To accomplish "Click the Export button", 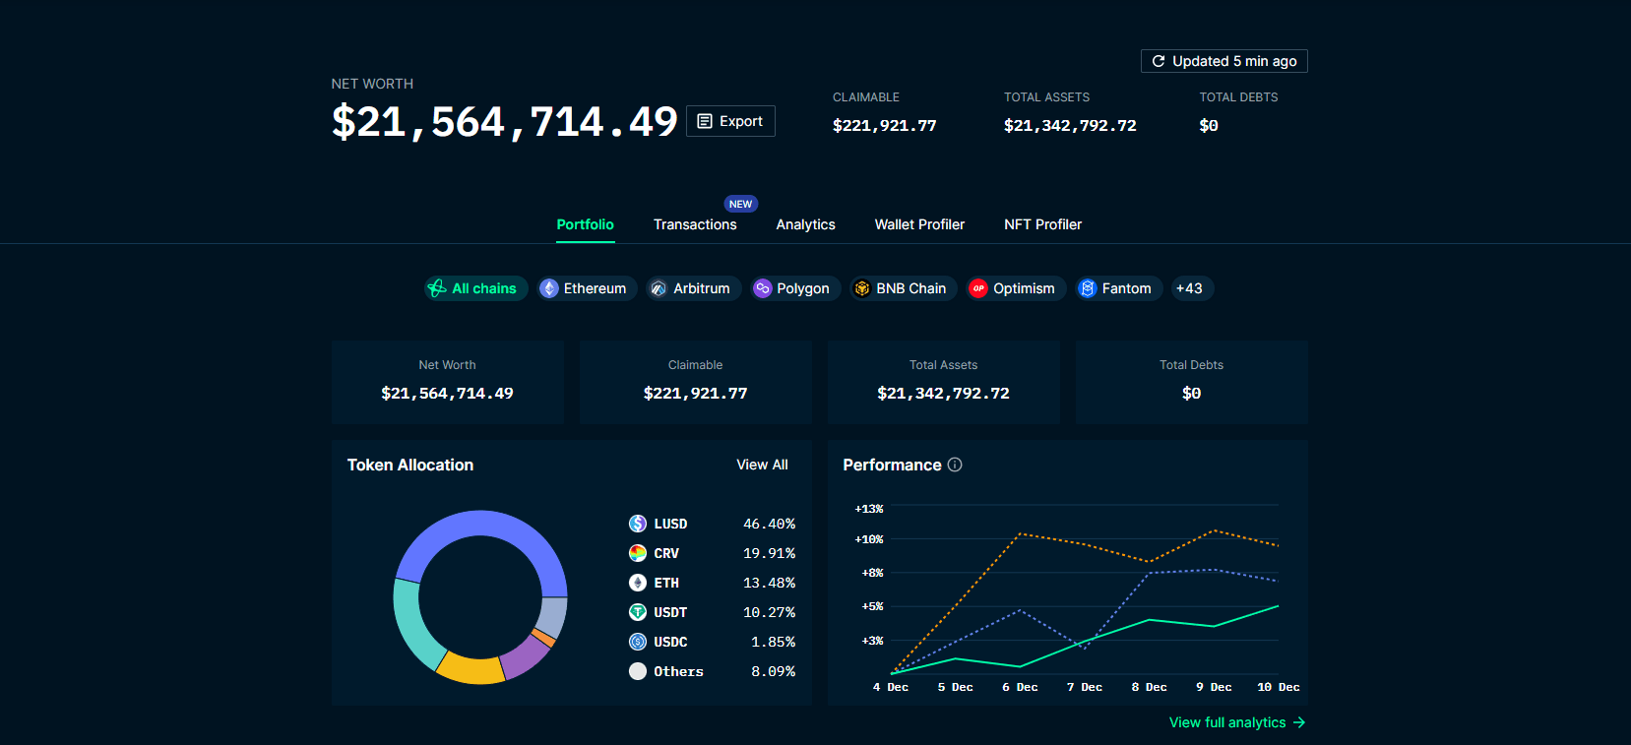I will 730,121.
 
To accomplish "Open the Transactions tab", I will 695,224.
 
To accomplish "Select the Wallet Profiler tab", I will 919,224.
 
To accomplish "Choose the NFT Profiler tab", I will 1042,224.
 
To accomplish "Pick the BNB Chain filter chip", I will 903,288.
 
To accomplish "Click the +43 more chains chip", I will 1189,288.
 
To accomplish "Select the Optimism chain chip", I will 1015,288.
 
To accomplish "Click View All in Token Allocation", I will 762,465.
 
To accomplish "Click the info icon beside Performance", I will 955,465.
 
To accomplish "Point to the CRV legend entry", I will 665,553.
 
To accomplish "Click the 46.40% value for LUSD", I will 769,524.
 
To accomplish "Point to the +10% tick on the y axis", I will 869,539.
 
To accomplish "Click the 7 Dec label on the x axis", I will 1085,687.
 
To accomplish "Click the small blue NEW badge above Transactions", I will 740,204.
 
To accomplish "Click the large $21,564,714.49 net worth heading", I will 504,122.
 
